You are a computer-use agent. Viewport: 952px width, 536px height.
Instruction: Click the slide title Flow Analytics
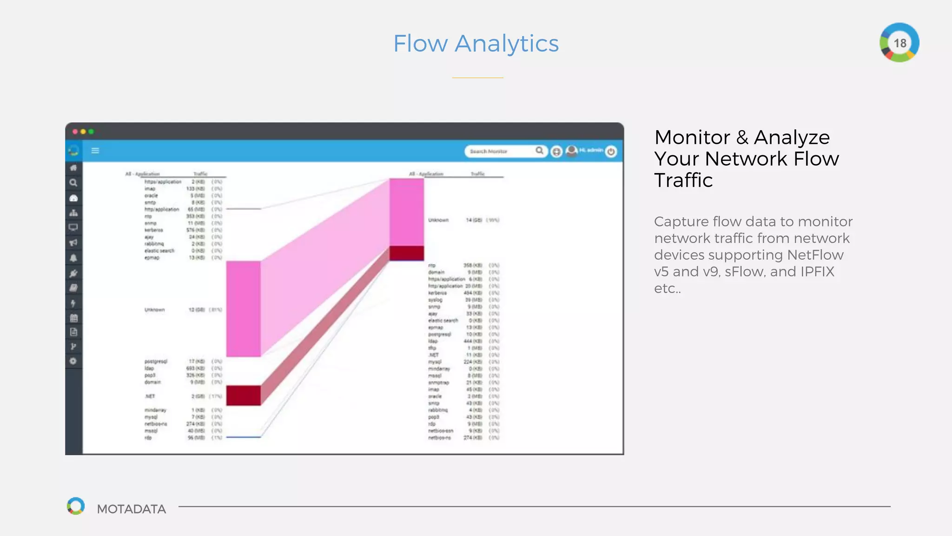tap(476, 44)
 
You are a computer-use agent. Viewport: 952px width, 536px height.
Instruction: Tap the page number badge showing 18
tap(899, 43)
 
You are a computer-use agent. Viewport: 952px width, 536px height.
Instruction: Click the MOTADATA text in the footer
tap(131, 509)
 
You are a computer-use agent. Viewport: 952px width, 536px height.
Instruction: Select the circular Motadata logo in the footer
tap(76, 506)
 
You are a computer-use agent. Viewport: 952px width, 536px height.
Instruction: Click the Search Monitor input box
tap(500, 151)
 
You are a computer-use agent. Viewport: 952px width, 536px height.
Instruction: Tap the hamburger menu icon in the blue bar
tap(95, 151)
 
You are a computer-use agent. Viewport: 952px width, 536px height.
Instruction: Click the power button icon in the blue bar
tap(611, 151)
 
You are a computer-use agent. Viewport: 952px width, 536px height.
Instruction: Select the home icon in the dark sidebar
tap(73, 167)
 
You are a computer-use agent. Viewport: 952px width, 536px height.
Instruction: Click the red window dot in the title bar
tap(75, 132)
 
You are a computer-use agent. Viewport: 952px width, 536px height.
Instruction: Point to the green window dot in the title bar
tap(91, 132)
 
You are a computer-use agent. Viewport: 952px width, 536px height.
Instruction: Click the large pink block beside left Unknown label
tap(243, 309)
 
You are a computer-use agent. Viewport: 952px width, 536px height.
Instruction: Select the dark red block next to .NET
tap(243, 395)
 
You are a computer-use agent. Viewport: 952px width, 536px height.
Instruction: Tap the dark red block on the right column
tap(406, 253)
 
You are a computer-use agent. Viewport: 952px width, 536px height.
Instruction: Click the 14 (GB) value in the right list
tap(474, 220)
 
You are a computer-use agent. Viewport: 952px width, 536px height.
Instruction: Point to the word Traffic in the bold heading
tap(683, 181)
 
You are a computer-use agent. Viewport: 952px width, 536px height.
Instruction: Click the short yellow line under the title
tap(477, 78)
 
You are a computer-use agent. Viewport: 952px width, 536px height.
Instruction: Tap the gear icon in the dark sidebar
tap(73, 361)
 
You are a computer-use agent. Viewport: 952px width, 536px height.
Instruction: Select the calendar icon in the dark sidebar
tap(73, 318)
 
